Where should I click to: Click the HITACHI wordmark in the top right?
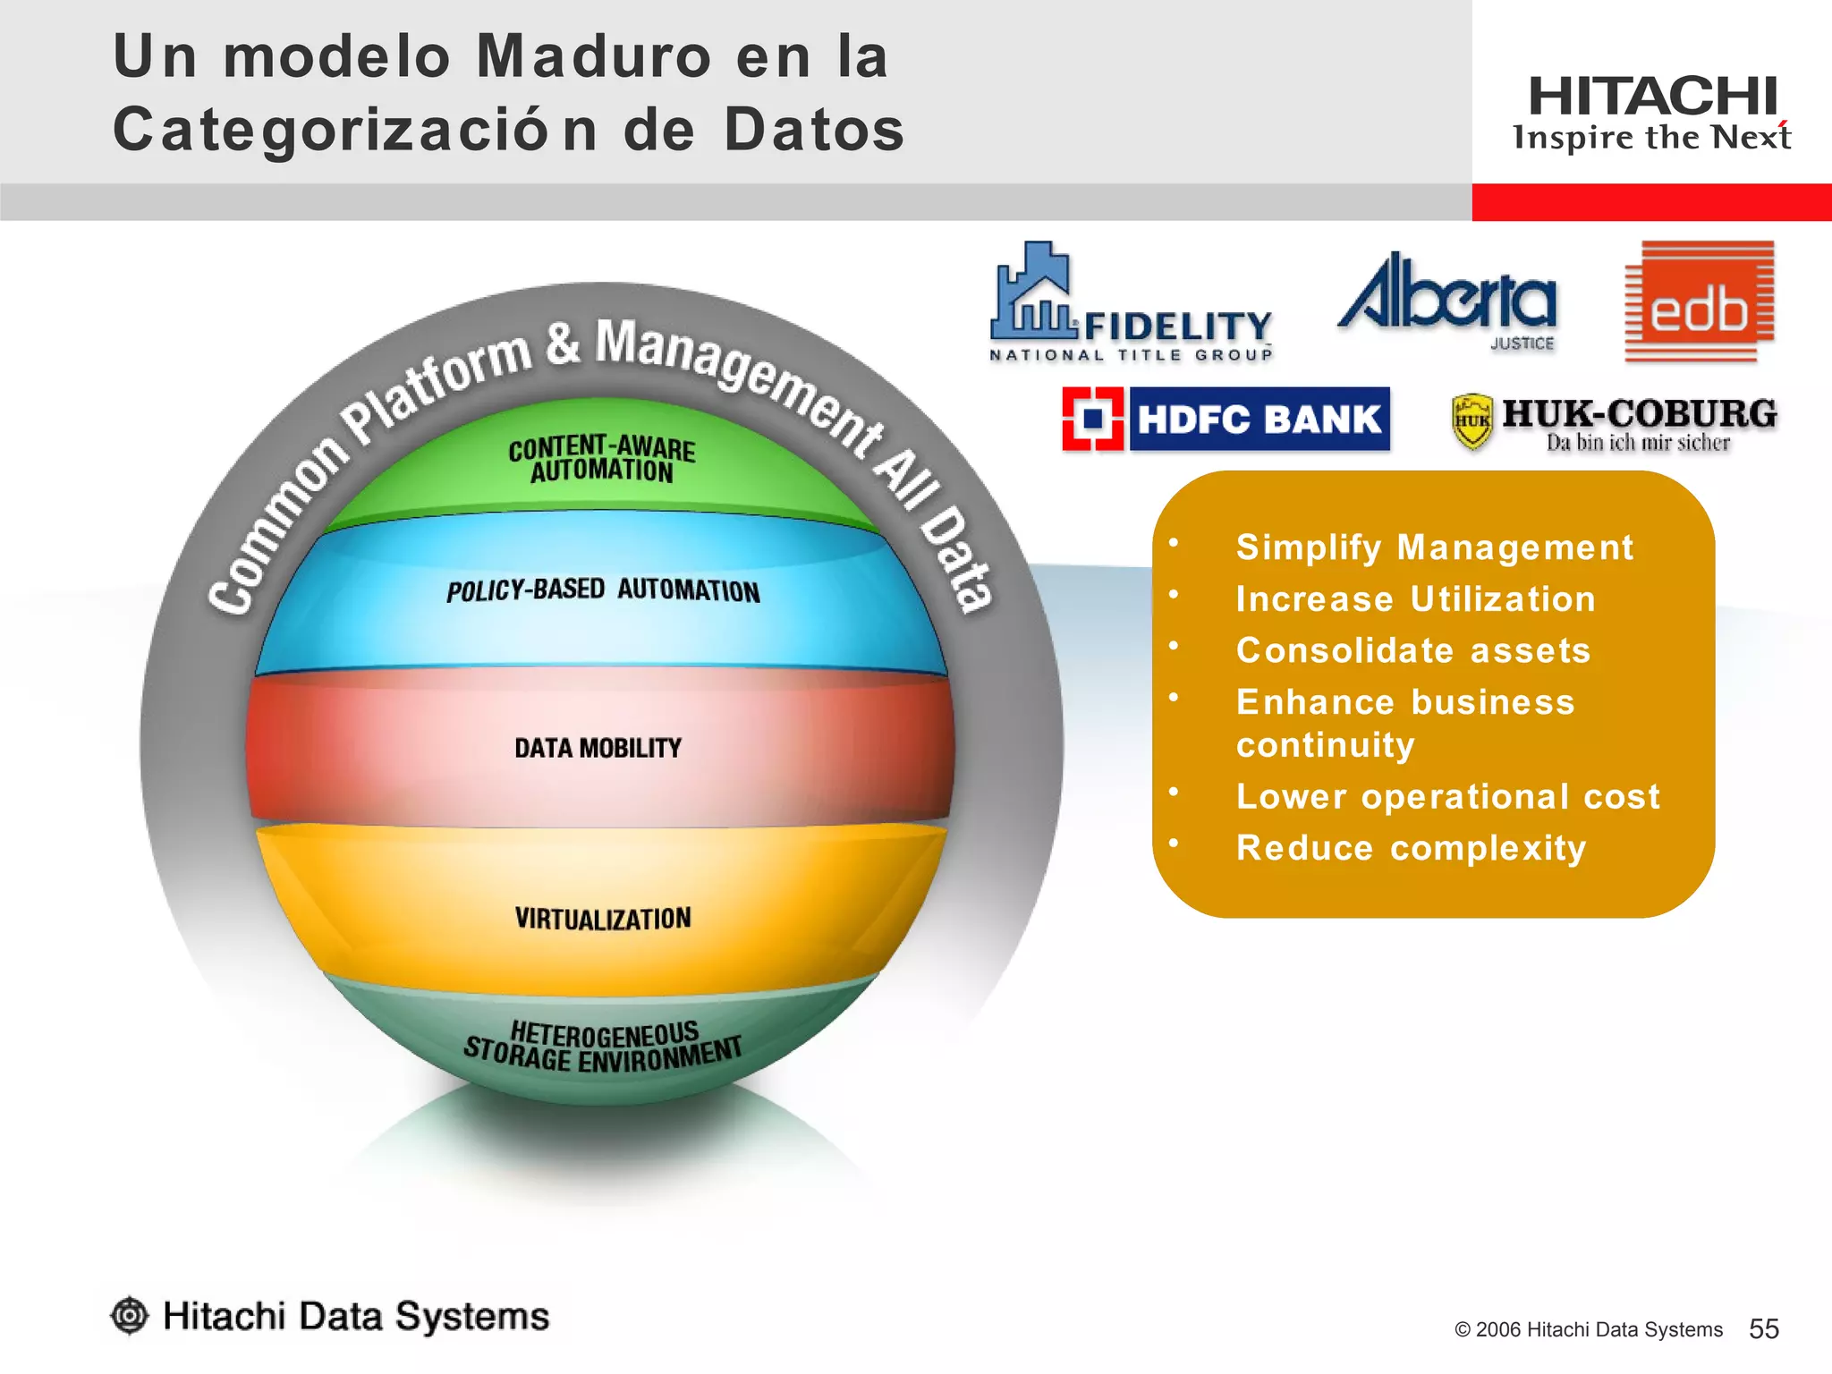click(1652, 97)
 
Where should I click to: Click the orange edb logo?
click(1699, 302)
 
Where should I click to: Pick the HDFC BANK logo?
click(1226, 419)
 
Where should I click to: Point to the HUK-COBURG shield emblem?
click(1472, 420)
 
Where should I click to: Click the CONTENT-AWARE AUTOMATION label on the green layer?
click(602, 459)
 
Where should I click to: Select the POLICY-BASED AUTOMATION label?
click(603, 590)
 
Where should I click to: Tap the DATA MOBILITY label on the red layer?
click(598, 748)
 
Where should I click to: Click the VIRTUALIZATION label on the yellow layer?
click(603, 919)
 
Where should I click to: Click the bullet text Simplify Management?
click(1434, 547)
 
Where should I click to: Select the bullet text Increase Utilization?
click(1415, 599)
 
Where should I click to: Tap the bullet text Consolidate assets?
click(1413, 650)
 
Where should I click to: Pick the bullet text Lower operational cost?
click(1447, 796)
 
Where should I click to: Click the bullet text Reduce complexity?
click(1411, 848)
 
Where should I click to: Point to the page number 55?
click(1763, 1329)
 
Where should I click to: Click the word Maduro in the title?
click(594, 56)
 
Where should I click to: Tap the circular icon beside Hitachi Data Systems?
click(130, 1316)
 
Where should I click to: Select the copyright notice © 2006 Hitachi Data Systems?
click(1588, 1330)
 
